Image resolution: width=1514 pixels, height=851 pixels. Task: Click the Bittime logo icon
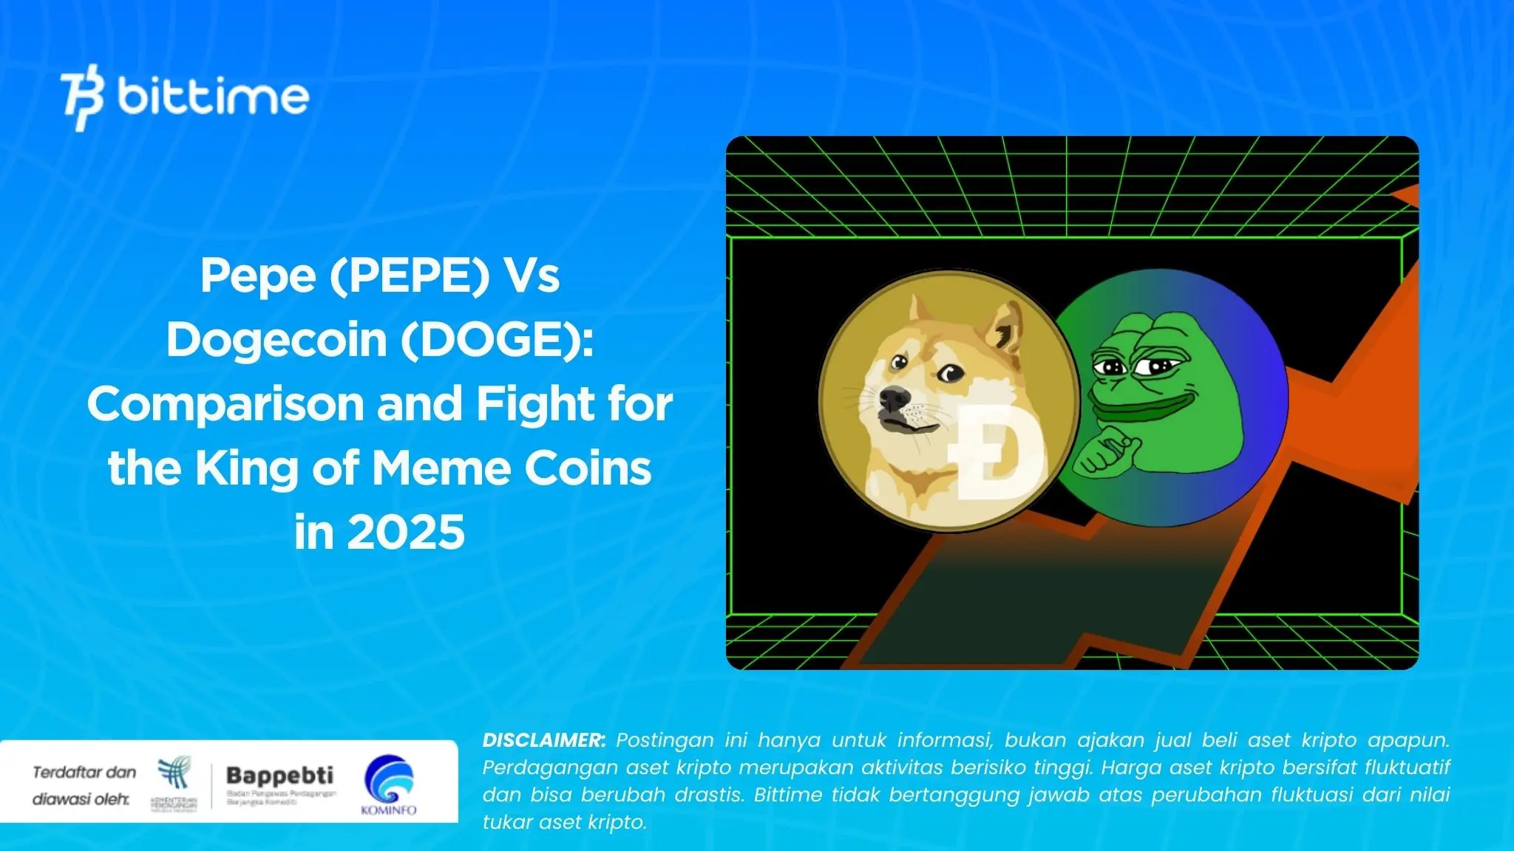(x=82, y=98)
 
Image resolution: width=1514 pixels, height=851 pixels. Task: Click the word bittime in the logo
(x=213, y=97)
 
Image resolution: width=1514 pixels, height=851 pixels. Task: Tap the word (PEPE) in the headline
(x=409, y=276)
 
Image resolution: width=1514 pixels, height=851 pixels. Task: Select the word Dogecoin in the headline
(x=276, y=340)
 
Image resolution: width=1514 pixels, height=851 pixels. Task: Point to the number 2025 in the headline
(x=406, y=533)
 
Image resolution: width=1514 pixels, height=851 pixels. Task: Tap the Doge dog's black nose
(x=893, y=400)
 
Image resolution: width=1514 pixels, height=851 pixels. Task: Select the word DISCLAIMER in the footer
(x=543, y=740)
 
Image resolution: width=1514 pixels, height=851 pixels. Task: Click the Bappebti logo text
(x=279, y=776)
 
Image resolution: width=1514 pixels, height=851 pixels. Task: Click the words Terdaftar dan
(x=84, y=773)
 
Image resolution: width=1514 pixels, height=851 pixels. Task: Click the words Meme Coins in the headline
(x=511, y=468)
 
